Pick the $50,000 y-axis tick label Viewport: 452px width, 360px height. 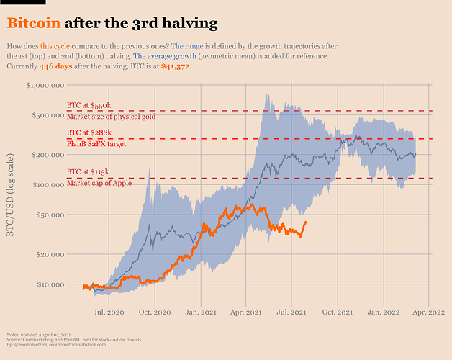tap(49, 215)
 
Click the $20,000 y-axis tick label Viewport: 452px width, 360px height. tap(49, 254)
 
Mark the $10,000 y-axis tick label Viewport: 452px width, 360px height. tap(49, 284)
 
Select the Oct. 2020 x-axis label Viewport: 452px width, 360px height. tap(155, 312)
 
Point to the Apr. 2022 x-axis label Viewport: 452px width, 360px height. tap(429, 312)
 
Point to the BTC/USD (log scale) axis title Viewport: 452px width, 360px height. tap(12, 197)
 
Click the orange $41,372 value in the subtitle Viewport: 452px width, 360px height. tap(176, 66)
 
